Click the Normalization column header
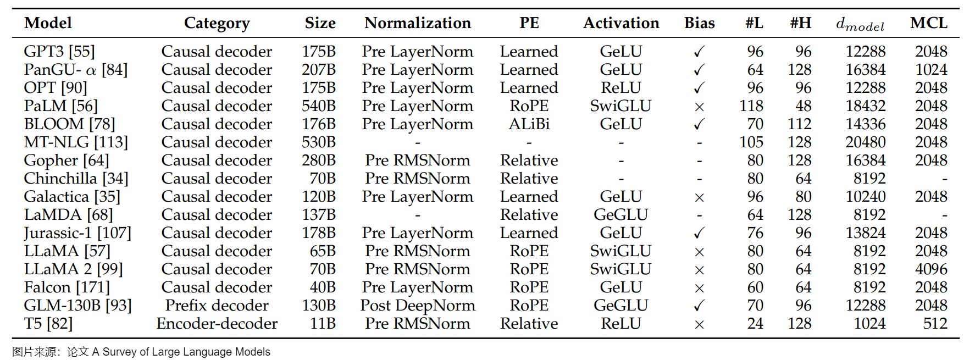click(418, 23)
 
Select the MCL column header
click(929, 23)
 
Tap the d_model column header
click(860, 24)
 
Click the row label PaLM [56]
click(60, 106)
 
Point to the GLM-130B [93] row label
click(77, 306)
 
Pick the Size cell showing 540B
click(319, 106)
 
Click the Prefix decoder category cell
click(217, 306)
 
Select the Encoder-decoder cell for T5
click(217, 324)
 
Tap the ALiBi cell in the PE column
click(529, 124)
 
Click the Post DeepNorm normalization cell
click(418, 306)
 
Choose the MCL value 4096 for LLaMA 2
click(931, 269)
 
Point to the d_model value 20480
click(866, 142)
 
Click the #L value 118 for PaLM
click(751, 106)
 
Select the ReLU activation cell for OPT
click(621, 88)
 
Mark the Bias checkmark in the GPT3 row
click(699, 52)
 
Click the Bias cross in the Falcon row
click(699, 288)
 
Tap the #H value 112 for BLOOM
click(800, 124)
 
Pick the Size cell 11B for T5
click(323, 324)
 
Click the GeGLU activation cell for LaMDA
click(621, 215)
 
